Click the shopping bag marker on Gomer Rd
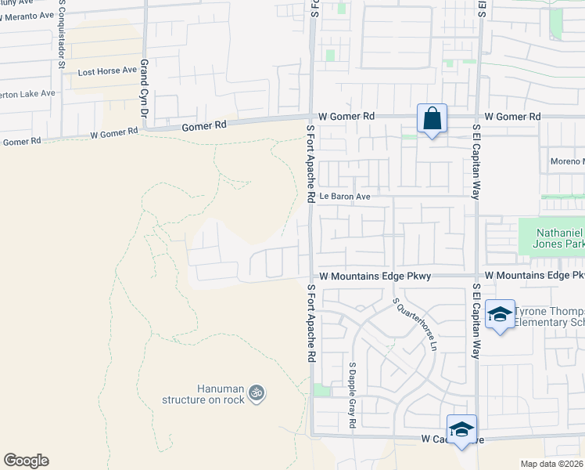[x=432, y=119]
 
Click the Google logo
[x=26, y=461]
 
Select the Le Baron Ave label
[x=343, y=196]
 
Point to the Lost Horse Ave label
[x=107, y=70]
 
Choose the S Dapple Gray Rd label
[x=353, y=395]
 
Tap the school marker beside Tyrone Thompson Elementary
[x=499, y=315]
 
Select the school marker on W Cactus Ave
[x=461, y=429]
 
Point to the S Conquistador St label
[x=61, y=40]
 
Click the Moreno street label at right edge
[x=567, y=161]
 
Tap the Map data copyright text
[x=552, y=464]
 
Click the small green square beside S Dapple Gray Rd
[x=321, y=390]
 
